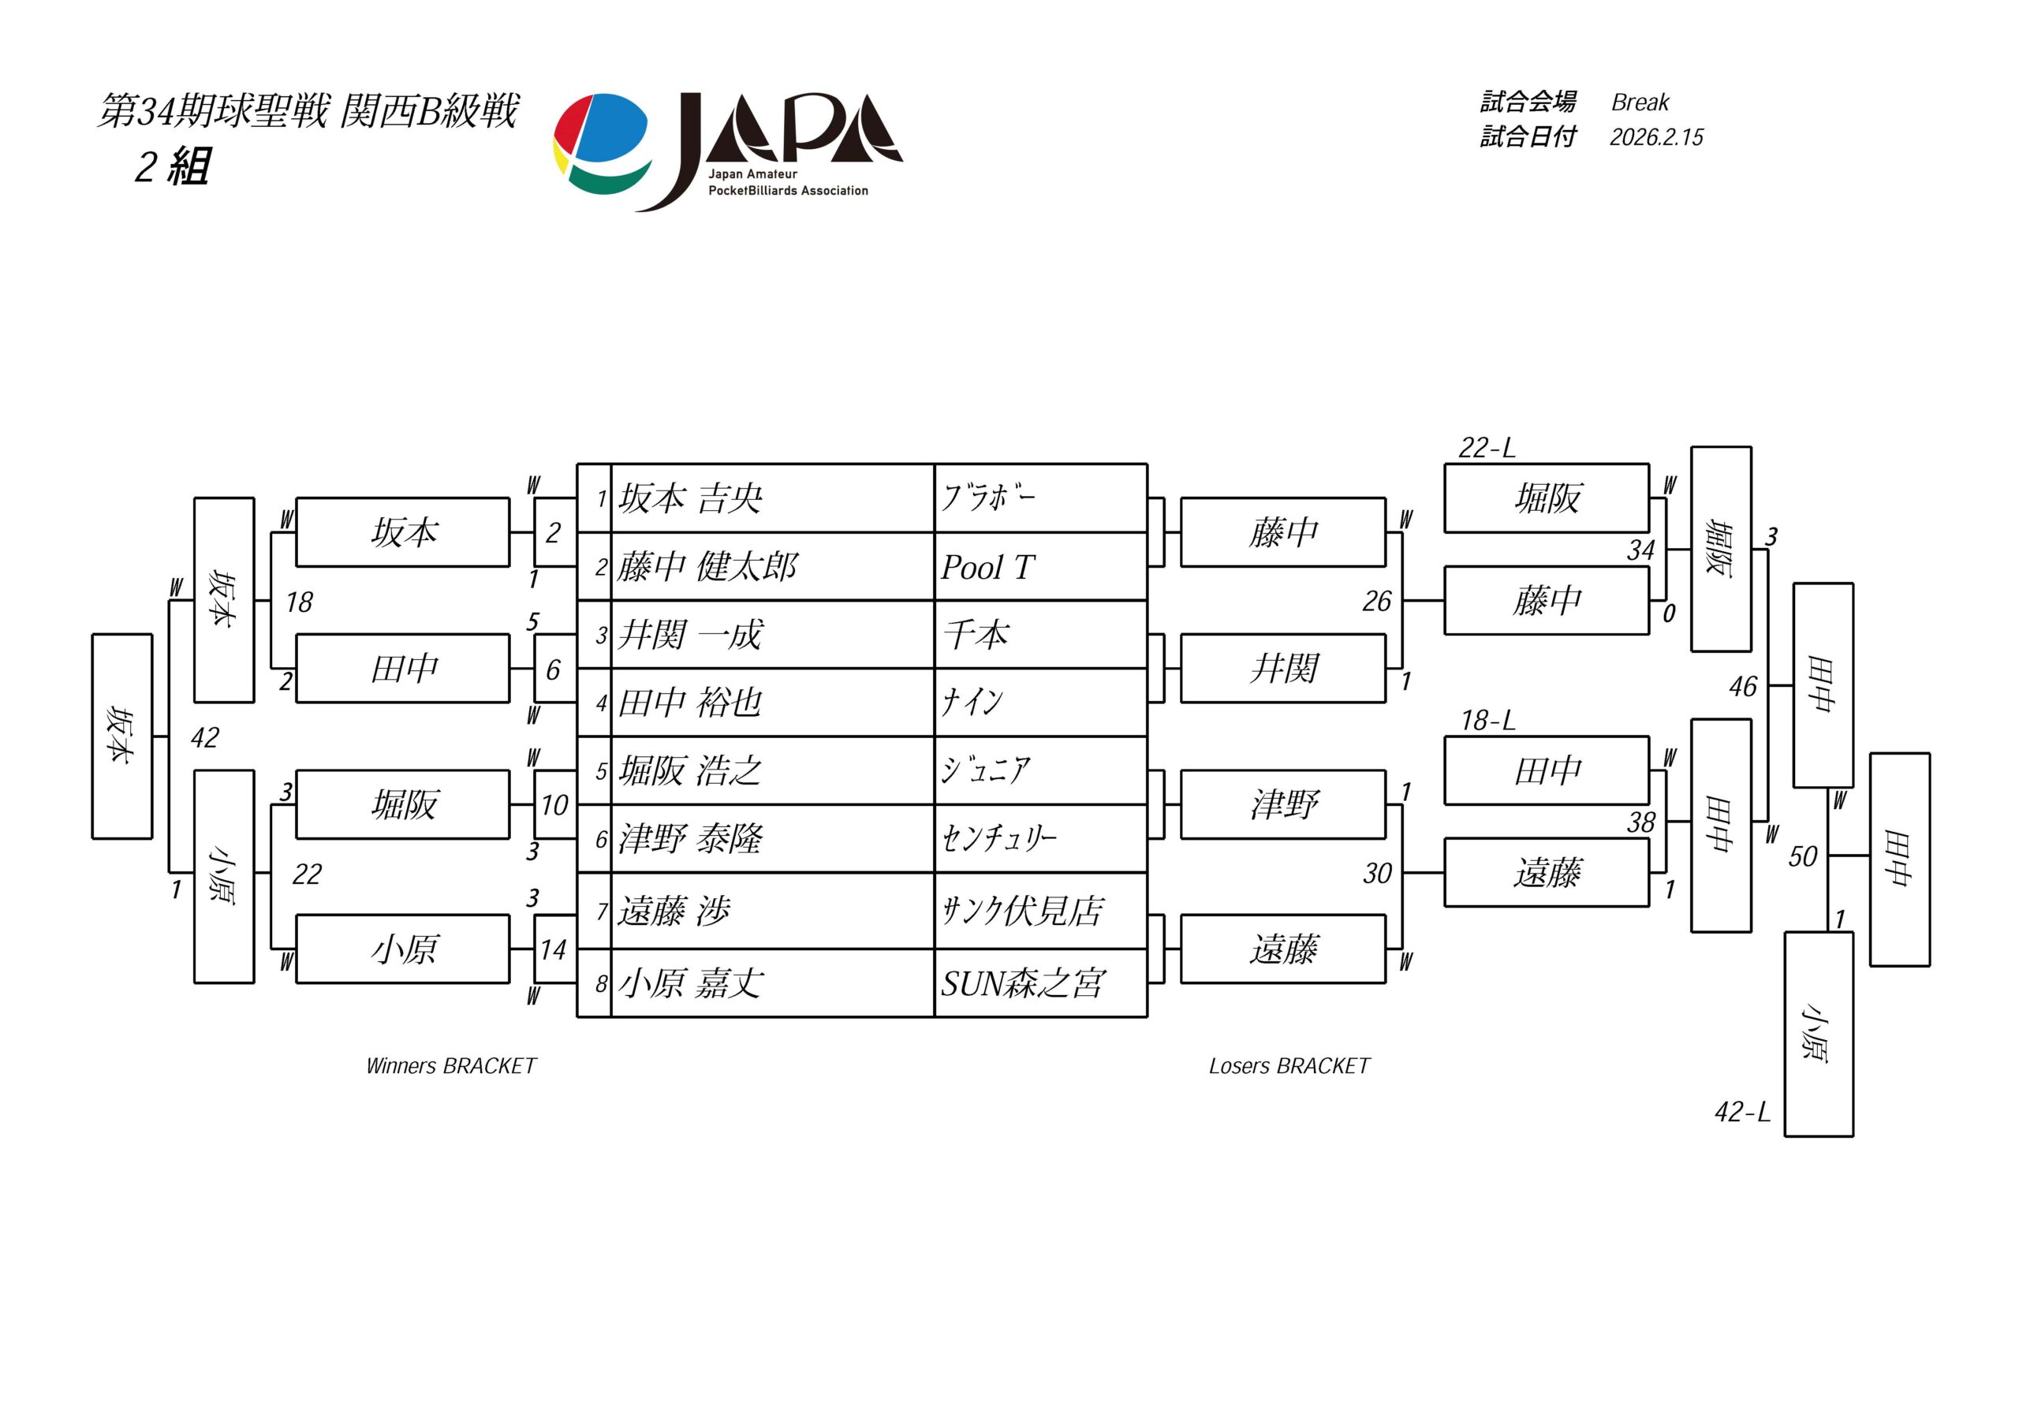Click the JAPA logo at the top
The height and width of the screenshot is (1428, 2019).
(728, 151)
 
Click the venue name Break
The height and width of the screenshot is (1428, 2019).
(1639, 103)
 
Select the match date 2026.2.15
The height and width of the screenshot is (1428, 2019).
(1656, 137)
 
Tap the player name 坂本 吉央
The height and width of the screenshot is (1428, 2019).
(690, 498)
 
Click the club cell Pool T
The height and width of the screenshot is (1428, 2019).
(988, 567)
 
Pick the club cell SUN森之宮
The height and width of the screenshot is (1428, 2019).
(1023, 984)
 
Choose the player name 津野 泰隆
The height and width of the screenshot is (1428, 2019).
(690, 839)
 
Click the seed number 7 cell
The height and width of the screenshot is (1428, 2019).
(602, 911)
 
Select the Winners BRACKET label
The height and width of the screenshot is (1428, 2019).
(450, 1067)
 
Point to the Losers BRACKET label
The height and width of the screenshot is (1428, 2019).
(1289, 1067)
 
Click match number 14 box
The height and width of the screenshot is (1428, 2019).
(554, 949)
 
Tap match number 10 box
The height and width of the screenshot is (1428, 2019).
(554, 804)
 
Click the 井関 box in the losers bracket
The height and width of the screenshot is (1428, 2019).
(1283, 669)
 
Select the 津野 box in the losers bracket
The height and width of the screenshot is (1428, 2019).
(1283, 804)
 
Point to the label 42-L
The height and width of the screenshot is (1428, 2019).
(1742, 1113)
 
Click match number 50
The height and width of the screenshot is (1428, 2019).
(1802, 856)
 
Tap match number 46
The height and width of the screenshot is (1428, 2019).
(1742, 687)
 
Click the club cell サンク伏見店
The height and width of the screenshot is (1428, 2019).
(1023, 911)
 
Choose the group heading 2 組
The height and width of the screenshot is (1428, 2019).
(173, 166)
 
